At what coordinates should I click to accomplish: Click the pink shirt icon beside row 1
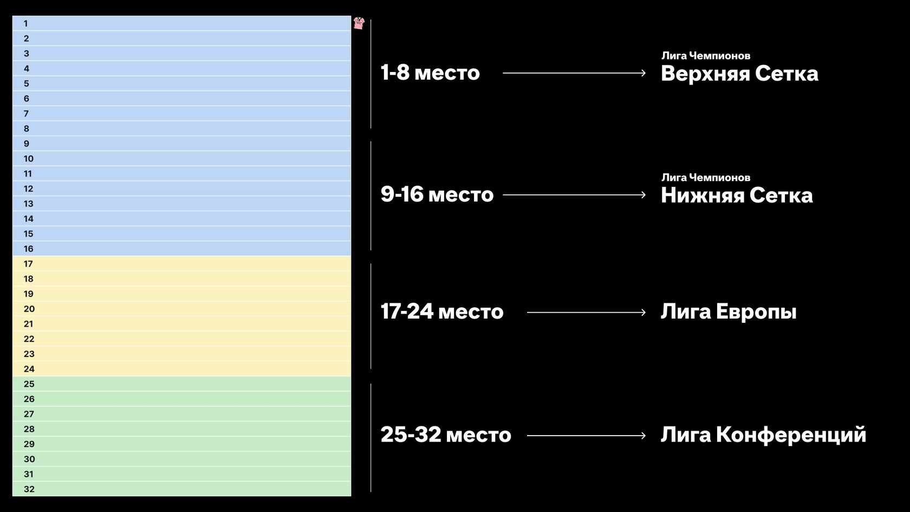coord(359,23)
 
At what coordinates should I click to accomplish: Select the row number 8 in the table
coord(27,129)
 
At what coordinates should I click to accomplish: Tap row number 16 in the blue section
coord(28,249)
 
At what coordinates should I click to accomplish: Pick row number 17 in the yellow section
coord(28,264)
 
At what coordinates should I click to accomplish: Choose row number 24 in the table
coord(29,369)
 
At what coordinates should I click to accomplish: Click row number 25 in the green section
coord(29,384)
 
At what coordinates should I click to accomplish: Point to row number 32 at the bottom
coord(29,489)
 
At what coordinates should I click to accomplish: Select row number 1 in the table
coord(25,24)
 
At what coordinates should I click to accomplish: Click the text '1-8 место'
coord(430,73)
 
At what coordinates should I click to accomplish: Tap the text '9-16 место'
coord(437,194)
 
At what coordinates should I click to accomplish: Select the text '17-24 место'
coord(442,312)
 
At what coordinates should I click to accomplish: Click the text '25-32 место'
coord(446,435)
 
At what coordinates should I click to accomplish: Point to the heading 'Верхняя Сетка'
coord(739,74)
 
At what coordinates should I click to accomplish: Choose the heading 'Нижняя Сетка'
coord(737,196)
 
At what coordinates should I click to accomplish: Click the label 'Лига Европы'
coord(729,312)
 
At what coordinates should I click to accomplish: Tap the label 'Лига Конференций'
coord(763,435)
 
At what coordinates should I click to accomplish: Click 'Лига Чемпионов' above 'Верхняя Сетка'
coord(706,56)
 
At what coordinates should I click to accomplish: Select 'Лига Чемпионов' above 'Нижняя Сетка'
coord(706,178)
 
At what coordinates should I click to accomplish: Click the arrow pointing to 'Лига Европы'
coord(586,313)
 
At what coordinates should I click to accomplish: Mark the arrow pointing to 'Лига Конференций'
coord(586,436)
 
